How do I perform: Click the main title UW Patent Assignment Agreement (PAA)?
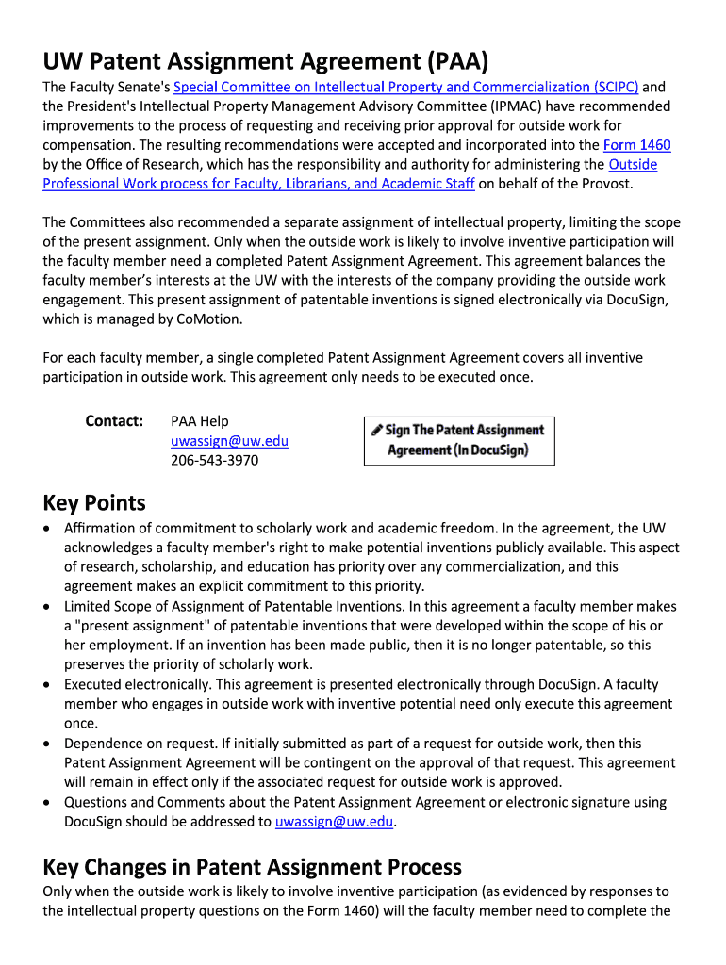point(266,62)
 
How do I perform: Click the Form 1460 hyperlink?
point(636,145)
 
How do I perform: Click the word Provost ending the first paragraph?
point(604,184)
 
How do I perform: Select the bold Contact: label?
point(114,420)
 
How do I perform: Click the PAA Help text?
point(199,421)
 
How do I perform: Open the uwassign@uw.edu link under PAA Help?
point(229,441)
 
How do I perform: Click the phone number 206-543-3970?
point(214,460)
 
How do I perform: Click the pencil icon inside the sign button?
point(377,430)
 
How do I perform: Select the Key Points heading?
point(94,502)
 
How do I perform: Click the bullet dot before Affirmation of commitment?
point(48,529)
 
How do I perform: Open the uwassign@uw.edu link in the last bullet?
point(334,822)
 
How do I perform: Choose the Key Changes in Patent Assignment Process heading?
point(252,866)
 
